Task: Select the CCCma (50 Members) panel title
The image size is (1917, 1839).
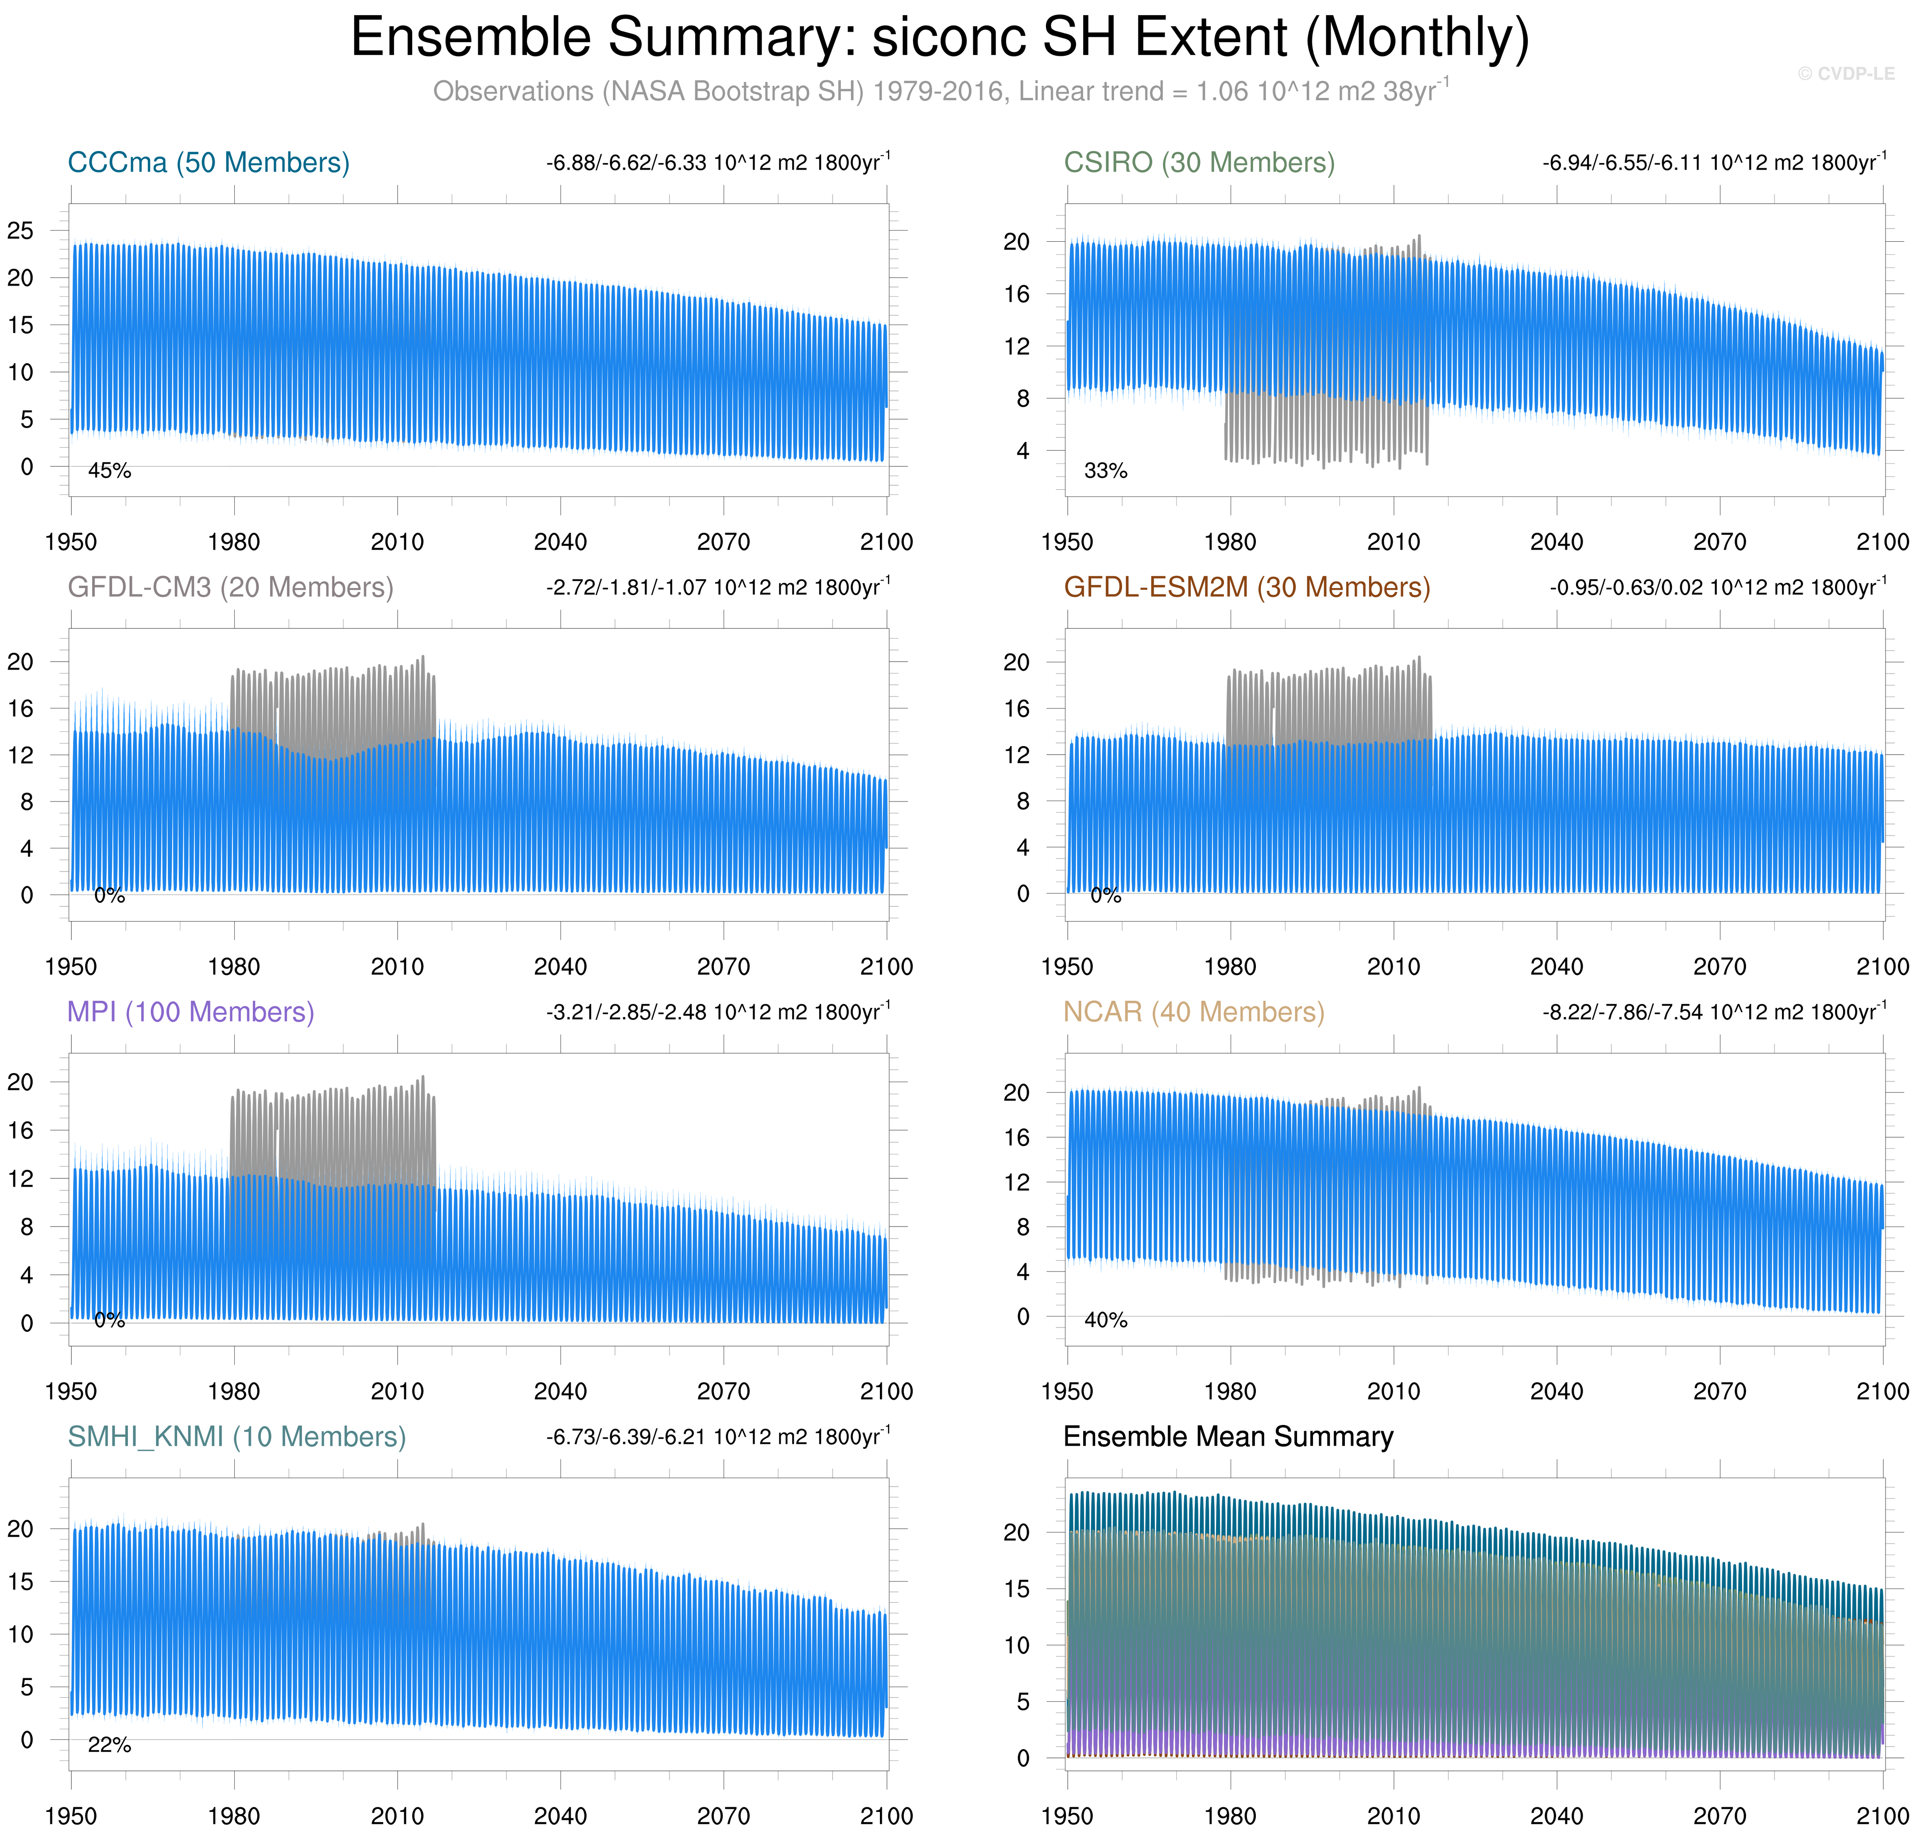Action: click(208, 163)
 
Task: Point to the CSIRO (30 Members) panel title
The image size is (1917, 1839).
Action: click(1199, 163)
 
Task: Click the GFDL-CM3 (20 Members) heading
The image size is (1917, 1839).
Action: click(230, 587)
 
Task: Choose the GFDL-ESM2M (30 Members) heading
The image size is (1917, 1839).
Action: click(1247, 587)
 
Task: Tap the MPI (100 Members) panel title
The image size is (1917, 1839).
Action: click(191, 1011)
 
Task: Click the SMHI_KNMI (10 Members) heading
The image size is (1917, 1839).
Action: click(236, 1436)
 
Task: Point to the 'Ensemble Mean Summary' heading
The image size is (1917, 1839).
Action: click(1228, 1436)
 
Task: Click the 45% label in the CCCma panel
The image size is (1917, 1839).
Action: click(109, 471)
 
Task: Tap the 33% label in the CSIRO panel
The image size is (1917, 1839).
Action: click(1106, 471)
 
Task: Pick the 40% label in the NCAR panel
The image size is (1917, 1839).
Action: click(1106, 1320)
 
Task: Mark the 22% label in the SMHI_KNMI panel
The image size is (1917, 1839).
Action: click(109, 1744)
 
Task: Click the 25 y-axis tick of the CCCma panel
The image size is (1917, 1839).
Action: click(20, 231)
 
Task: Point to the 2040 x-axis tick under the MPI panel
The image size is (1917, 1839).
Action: click(561, 1391)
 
